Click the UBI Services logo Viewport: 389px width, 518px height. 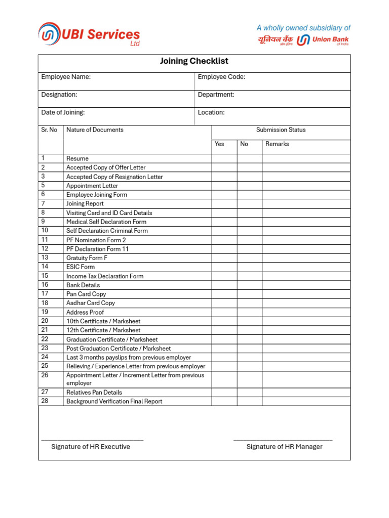[89, 34]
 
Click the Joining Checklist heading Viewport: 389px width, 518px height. [194, 61]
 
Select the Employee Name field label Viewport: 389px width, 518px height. [66, 77]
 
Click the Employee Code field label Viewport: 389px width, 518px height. [221, 77]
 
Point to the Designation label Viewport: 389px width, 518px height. [59, 95]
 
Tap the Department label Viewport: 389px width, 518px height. [216, 95]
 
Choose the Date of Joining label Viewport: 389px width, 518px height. [63, 112]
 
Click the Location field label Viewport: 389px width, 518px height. [211, 112]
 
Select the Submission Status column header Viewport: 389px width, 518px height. [281, 130]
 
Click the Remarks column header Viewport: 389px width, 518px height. [277, 144]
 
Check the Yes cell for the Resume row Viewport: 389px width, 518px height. [224, 158]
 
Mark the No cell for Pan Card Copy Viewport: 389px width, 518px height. [249, 294]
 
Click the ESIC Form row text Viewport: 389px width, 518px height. [81, 267]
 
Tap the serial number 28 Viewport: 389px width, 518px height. [45, 401]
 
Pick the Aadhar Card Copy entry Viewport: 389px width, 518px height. [91, 303]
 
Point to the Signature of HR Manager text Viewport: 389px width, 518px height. [284, 447]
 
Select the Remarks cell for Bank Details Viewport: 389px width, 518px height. [306, 285]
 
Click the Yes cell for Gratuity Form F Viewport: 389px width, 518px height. [224, 257]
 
